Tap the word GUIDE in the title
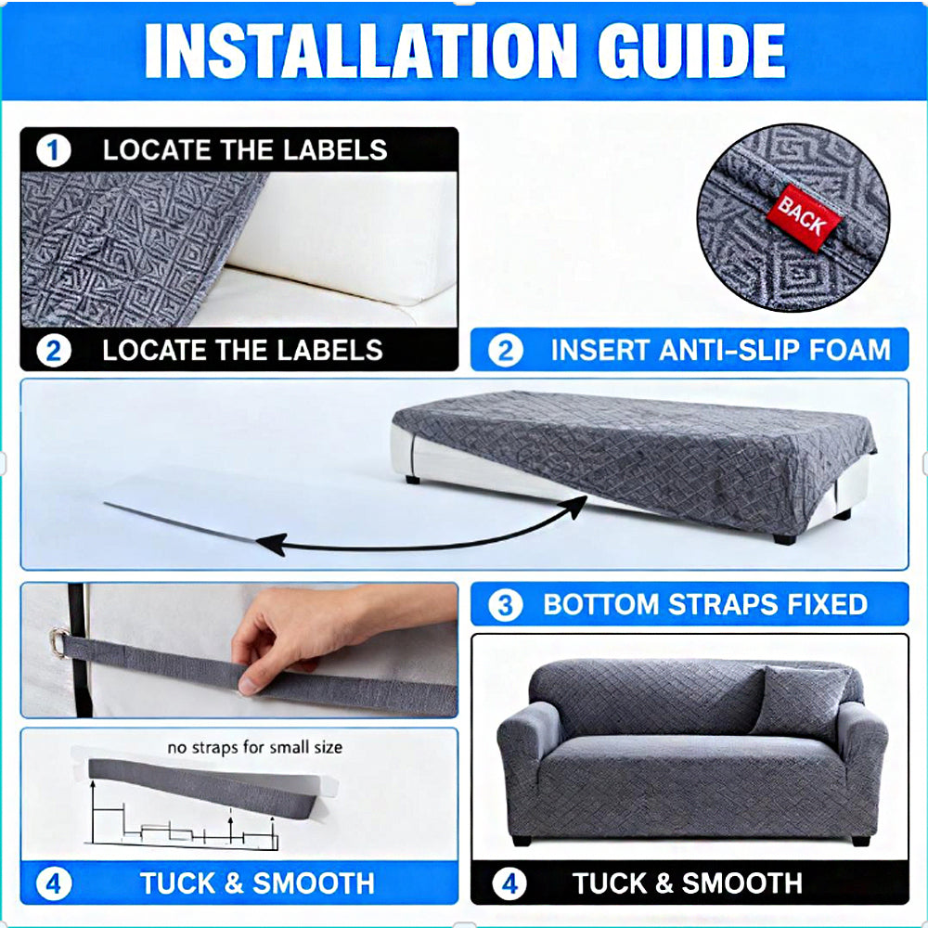691,51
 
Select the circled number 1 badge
53,150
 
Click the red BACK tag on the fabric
804,217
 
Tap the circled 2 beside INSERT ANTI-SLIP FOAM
506,350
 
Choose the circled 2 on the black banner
53,351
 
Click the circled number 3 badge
505,605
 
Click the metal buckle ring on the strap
58,643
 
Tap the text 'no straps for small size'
255,747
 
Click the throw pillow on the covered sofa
800,703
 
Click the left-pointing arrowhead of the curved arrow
271,543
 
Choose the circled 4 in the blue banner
53,884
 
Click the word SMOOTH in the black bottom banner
741,883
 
